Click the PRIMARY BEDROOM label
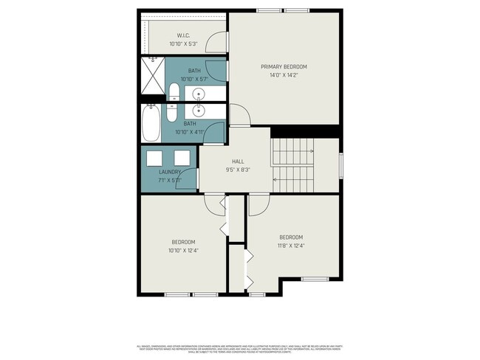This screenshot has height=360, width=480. (284, 66)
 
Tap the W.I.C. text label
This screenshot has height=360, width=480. (184, 36)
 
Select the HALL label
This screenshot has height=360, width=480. (238, 161)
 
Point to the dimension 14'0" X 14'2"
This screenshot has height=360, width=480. (284, 75)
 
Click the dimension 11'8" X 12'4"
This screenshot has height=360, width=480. (290, 246)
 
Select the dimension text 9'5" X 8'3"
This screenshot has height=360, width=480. (238, 170)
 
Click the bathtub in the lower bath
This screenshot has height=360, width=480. (151, 122)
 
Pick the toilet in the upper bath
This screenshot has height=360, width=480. (174, 93)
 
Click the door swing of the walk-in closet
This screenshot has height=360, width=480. (216, 42)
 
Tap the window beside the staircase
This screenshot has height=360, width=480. (340, 165)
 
